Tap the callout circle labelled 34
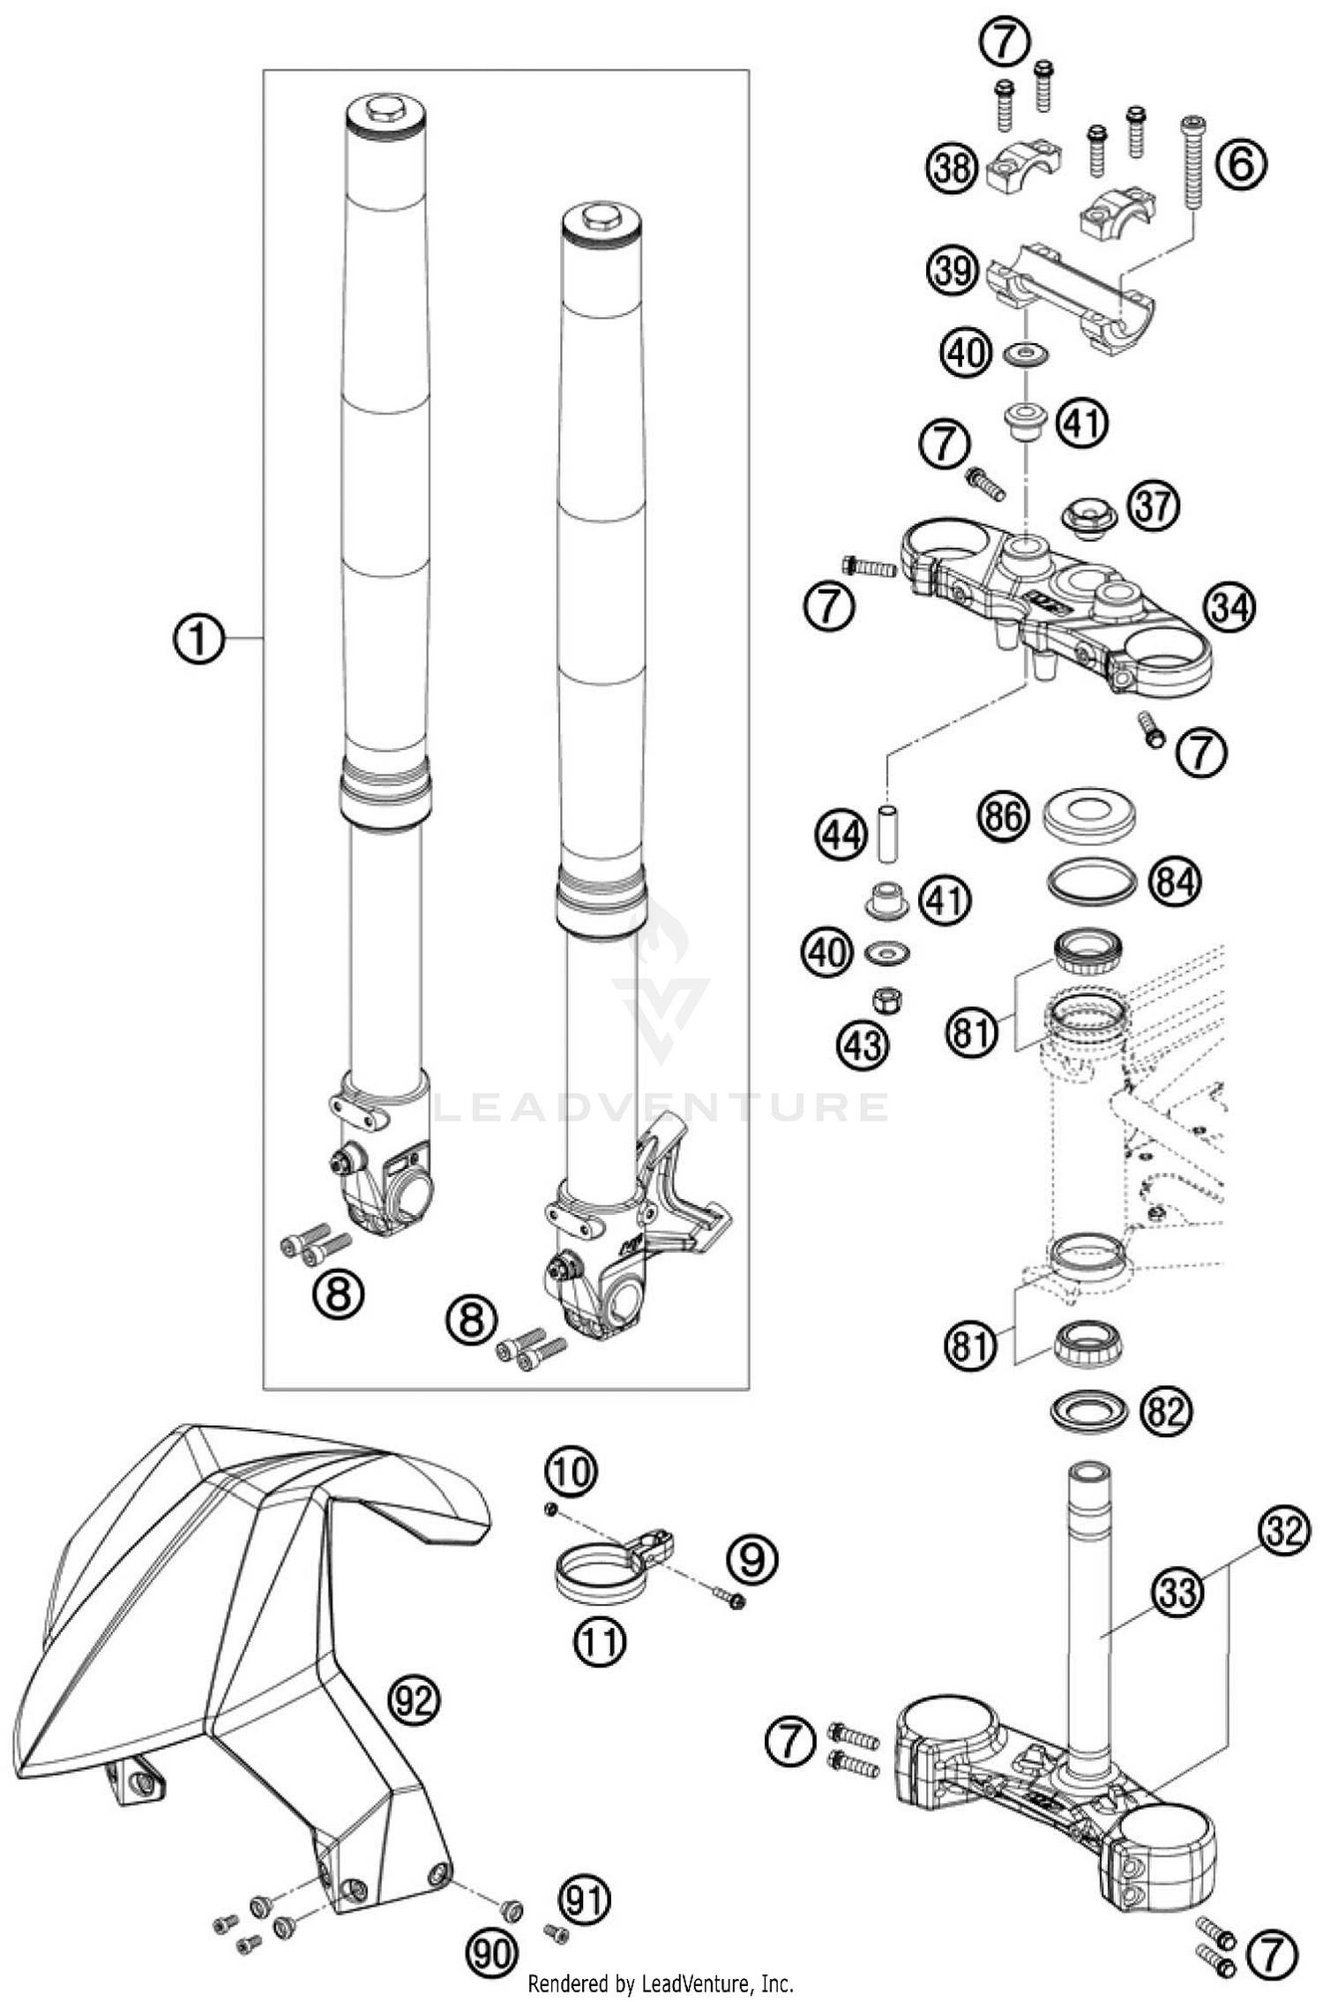[1230, 607]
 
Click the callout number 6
[1241, 164]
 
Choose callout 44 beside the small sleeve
[841, 835]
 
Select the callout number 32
[1283, 1532]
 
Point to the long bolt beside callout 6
[1193, 163]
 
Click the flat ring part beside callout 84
[1088, 881]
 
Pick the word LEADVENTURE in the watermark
[661, 1107]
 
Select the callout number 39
[953, 270]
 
